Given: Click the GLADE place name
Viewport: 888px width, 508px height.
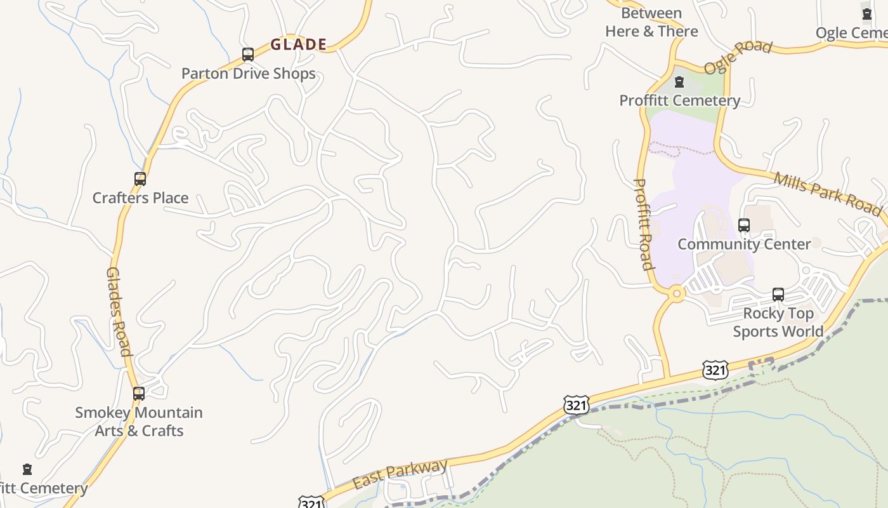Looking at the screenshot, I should [298, 44].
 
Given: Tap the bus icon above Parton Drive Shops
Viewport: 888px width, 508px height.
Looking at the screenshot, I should [248, 55].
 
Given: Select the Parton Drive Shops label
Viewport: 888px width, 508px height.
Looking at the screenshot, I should [249, 74].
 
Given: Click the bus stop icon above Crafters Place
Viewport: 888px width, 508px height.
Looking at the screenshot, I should [140, 179].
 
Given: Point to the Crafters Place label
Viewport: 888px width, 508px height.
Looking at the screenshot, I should [140, 198].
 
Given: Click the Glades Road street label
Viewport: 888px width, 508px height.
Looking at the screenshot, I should [119, 311].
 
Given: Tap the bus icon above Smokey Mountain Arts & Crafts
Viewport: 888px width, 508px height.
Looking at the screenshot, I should [139, 394].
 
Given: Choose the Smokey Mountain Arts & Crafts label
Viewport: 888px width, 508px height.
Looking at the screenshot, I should [139, 422].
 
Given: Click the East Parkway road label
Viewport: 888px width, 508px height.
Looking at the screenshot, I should [400, 474].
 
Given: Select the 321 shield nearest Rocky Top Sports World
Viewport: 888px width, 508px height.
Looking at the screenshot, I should [715, 370].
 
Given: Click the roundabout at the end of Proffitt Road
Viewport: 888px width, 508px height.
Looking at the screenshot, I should [677, 293].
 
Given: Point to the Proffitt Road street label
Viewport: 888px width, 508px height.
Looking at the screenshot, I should [644, 224].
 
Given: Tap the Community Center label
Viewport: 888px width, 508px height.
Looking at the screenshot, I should [744, 244].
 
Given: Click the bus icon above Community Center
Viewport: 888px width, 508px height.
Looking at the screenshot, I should [744, 225].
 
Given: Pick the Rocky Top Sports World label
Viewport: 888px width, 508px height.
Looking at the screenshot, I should [778, 323].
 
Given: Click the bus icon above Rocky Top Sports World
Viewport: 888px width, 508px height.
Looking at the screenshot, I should [778, 295].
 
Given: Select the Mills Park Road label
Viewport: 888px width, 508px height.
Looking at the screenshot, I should [827, 193].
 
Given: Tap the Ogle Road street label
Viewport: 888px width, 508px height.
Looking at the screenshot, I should [738, 57].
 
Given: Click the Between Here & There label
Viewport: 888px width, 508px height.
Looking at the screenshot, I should [651, 22].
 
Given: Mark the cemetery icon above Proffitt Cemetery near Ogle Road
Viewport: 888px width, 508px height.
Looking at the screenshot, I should [679, 82].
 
